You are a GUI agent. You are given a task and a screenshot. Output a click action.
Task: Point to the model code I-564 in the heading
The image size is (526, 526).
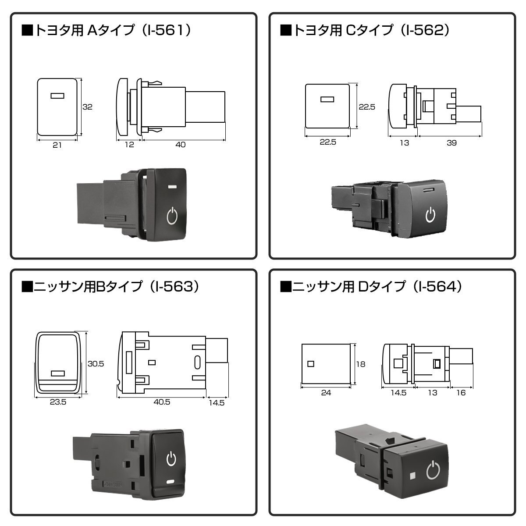click(x=437, y=287)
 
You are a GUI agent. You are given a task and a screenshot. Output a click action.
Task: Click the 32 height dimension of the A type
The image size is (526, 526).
click(x=87, y=107)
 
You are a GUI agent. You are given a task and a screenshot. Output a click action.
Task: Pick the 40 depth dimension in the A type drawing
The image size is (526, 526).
click(x=181, y=145)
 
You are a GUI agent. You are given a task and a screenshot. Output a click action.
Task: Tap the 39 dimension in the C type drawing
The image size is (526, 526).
click(x=452, y=143)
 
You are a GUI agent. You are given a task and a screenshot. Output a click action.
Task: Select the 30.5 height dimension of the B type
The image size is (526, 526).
click(x=96, y=364)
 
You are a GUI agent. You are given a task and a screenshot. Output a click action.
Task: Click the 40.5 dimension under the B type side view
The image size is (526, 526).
click(x=162, y=402)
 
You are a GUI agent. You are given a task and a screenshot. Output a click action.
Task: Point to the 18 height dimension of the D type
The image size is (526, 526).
click(x=361, y=364)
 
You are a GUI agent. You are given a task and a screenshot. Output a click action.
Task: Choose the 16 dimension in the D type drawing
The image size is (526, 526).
click(x=461, y=393)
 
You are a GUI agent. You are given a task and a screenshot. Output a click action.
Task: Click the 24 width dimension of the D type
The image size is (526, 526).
click(x=326, y=393)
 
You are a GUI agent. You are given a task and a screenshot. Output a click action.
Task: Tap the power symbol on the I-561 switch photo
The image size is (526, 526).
click(x=172, y=216)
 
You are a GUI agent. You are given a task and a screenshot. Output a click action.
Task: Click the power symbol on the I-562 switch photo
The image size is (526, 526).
click(x=430, y=215)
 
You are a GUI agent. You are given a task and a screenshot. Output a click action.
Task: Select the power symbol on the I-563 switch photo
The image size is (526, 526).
click(x=171, y=458)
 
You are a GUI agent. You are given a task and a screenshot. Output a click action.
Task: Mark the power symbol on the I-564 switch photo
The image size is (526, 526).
click(x=434, y=470)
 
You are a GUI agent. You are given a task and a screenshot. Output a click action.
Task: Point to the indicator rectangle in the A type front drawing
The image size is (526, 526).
click(x=57, y=96)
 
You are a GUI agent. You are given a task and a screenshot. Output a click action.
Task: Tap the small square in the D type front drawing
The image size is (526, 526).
click(x=311, y=364)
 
